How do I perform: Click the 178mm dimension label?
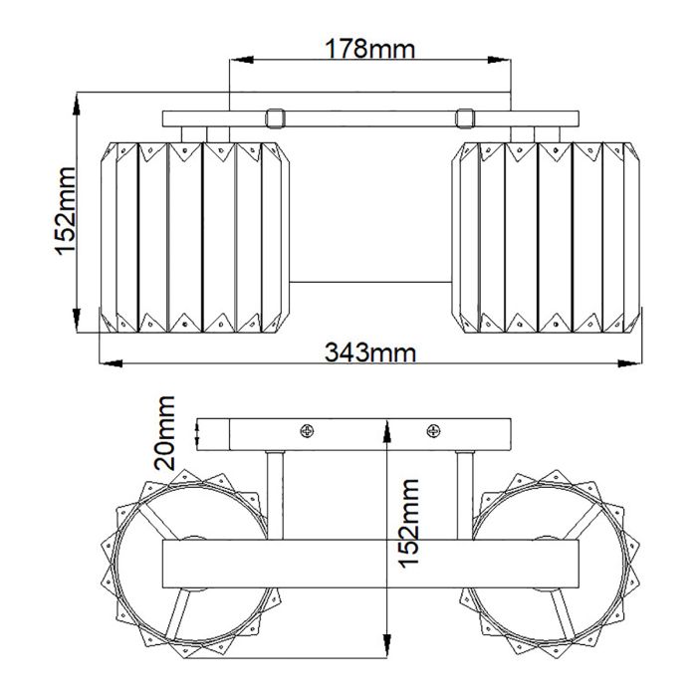[x=370, y=48]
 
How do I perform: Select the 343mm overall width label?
[x=370, y=351]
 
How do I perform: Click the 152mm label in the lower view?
[x=410, y=538]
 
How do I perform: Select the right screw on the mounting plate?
[x=432, y=430]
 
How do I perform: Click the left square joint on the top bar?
[x=276, y=117]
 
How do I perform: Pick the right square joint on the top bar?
[x=463, y=117]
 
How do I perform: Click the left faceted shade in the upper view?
[x=199, y=236]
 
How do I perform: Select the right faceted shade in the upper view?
[x=546, y=236]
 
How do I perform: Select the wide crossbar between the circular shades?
[x=370, y=566]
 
